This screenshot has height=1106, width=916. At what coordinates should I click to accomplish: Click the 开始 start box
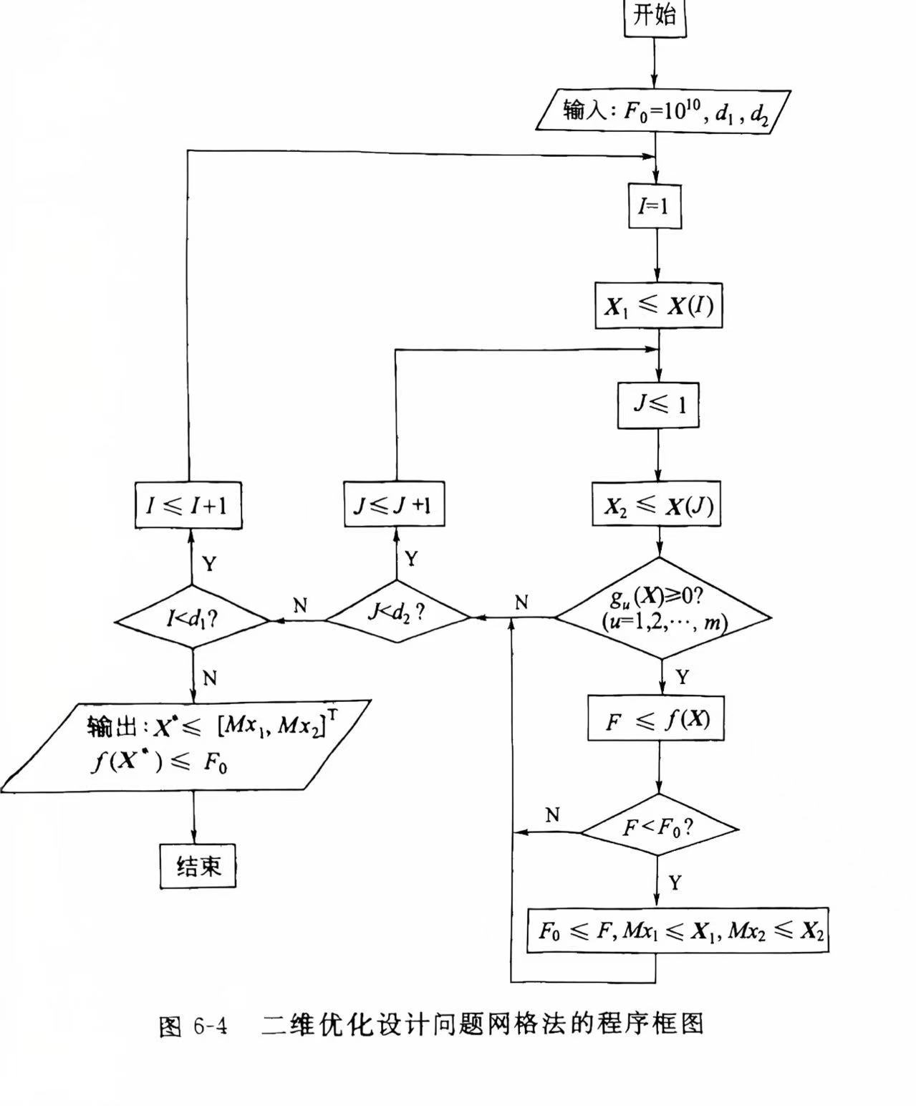[x=655, y=16]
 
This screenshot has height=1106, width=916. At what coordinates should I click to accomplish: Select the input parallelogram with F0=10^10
[x=664, y=110]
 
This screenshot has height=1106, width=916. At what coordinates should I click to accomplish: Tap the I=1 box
[x=654, y=206]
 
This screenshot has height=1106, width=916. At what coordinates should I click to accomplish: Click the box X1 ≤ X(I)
[x=658, y=306]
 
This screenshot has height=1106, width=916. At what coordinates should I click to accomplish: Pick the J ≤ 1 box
[x=658, y=405]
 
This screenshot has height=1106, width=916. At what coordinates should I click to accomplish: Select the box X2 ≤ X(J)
[x=657, y=506]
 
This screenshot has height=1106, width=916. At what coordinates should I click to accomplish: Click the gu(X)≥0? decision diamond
[x=663, y=609]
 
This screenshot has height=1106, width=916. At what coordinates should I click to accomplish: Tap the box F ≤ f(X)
[x=655, y=718]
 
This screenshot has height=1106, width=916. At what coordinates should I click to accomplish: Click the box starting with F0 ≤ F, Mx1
[x=677, y=931]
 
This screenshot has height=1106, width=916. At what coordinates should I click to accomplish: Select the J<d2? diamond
[x=397, y=612]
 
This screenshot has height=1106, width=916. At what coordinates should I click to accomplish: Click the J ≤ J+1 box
[x=394, y=504]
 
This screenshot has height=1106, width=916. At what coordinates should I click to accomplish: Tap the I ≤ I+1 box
[x=188, y=505]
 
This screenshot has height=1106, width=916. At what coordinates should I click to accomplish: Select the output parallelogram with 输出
[x=186, y=745]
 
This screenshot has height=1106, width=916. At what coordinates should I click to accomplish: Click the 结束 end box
[x=198, y=866]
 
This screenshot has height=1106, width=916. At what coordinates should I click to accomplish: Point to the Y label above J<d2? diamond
[x=410, y=559]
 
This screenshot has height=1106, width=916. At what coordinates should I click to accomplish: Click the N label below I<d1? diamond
[x=209, y=678]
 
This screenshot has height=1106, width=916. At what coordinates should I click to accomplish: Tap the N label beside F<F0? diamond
[x=551, y=815]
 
